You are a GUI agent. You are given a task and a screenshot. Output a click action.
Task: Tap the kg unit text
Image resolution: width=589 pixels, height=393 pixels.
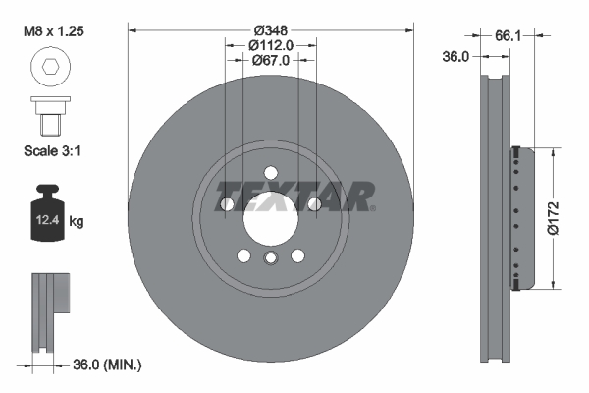pyautogui.click(x=78, y=222)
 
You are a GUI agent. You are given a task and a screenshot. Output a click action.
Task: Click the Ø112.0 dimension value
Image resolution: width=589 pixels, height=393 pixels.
pyautogui.click(x=270, y=45)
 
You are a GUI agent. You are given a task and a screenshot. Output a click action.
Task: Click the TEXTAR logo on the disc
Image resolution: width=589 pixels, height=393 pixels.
pyautogui.click(x=294, y=196)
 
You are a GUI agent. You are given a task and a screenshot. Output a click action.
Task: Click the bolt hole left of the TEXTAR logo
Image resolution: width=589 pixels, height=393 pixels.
pyautogui.click(x=227, y=204)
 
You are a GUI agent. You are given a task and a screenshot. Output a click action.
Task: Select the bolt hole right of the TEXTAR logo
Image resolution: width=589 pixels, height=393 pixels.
pyautogui.click(x=313, y=204)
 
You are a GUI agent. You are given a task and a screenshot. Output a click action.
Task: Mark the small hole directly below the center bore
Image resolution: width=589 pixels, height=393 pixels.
pyautogui.click(x=270, y=258)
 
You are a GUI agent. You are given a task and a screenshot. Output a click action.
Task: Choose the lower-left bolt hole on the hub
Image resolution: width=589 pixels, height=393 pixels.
pyautogui.click(x=243, y=255)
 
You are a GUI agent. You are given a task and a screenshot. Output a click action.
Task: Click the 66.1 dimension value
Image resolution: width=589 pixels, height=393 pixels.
pyautogui.click(x=509, y=35)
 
